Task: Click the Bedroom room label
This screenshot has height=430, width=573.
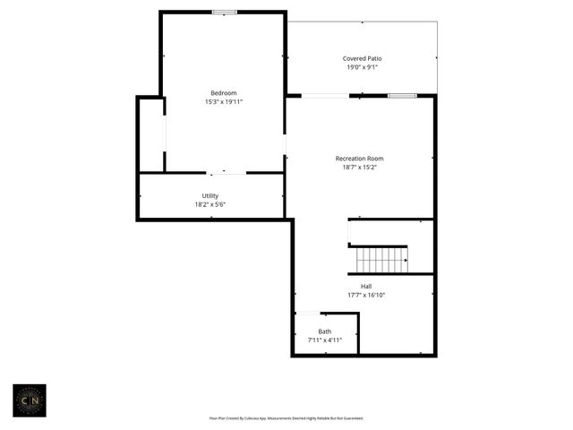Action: tap(223, 93)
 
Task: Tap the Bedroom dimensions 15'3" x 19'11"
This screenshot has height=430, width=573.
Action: tap(223, 102)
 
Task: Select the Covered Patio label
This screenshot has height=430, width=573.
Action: tap(362, 58)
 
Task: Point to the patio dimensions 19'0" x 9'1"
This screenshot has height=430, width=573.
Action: tap(362, 67)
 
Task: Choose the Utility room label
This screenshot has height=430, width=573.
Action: tap(210, 195)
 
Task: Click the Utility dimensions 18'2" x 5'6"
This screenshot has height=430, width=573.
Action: tap(210, 204)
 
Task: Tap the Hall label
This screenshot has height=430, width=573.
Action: tap(366, 287)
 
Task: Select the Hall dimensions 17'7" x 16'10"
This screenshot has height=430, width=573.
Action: tap(366, 296)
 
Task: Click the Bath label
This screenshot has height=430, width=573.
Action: tap(324, 331)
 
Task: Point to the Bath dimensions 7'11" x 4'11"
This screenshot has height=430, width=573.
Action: tap(324, 340)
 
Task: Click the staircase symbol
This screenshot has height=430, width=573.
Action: tap(381, 260)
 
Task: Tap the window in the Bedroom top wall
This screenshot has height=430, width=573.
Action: tap(225, 12)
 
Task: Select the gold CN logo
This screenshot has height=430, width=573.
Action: tap(29, 400)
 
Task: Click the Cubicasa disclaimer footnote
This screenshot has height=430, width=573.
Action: tap(286, 417)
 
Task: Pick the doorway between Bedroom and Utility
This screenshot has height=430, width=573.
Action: tap(227, 172)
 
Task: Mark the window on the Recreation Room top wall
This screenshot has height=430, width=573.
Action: tap(402, 95)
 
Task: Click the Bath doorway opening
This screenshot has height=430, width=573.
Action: tap(307, 314)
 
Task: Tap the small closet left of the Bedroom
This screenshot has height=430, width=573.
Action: tap(150, 134)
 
